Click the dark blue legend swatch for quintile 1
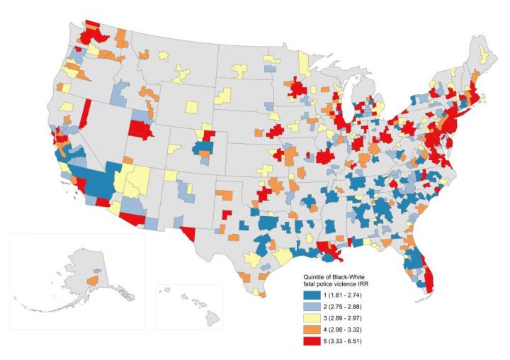(x=307, y=294)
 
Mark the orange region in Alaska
(x=91, y=282)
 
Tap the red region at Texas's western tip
(x=188, y=233)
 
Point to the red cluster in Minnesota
(x=297, y=89)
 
